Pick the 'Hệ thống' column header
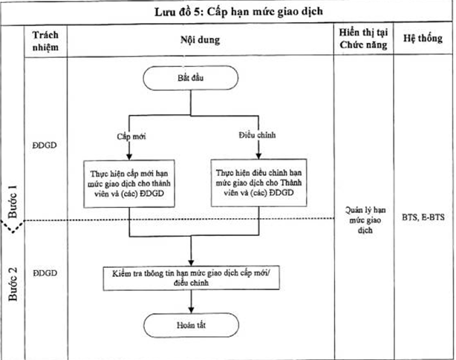pyautogui.click(x=424, y=42)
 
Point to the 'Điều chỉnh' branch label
pyautogui.click(x=255, y=137)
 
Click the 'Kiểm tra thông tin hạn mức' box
pyautogui.click(x=192, y=277)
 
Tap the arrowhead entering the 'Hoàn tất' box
pyautogui.click(x=192, y=310)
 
